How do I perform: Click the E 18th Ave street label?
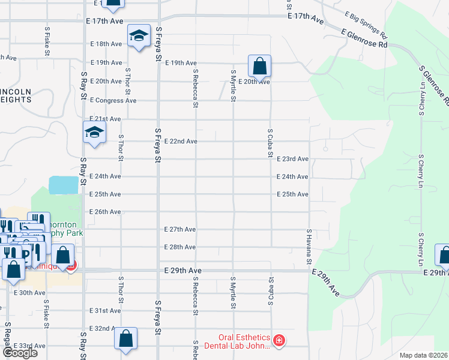click(x=106, y=44)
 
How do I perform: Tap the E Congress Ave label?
click(x=113, y=100)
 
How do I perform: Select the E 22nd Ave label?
click(x=181, y=141)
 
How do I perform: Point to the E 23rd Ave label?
click(x=293, y=159)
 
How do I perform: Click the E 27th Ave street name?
click(x=180, y=229)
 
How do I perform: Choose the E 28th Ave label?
click(x=180, y=247)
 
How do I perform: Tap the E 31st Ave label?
click(x=105, y=311)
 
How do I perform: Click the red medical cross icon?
click(x=279, y=341)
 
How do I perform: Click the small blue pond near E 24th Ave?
click(x=64, y=185)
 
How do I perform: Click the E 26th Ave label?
click(x=105, y=212)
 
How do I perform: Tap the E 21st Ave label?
click(x=105, y=119)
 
